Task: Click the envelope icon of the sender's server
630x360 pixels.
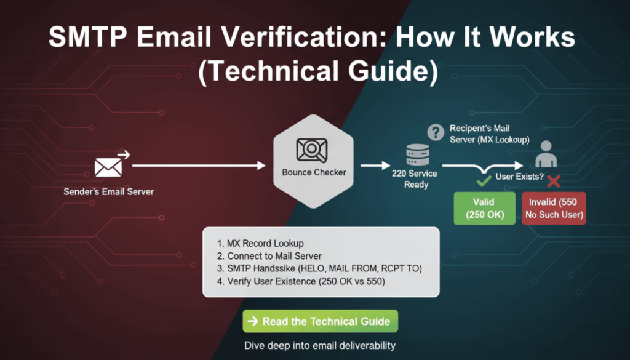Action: tap(106, 167)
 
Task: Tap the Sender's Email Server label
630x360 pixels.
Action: tap(109, 191)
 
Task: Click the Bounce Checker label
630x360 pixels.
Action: tap(314, 172)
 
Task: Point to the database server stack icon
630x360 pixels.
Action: tap(416, 153)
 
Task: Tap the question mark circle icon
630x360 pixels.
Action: tap(436, 132)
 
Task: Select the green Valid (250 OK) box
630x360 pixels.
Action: tap(484, 208)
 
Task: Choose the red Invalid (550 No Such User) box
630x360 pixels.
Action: tap(554, 208)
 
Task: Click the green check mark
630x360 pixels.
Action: tap(484, 181)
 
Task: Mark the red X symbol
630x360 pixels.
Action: tap(553, 181)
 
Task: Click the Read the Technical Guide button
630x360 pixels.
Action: tap(320, 321)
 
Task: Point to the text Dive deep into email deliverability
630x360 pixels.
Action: tap(319, 345)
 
